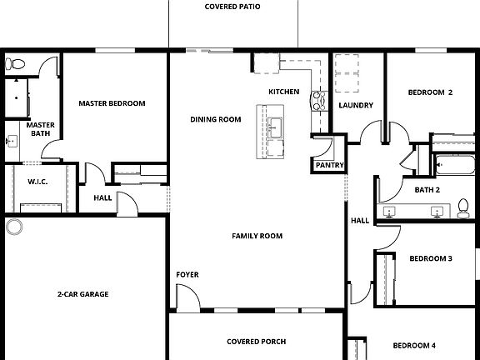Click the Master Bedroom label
pos(112,103)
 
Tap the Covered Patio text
pos(232,7)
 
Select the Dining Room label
pos(215,119)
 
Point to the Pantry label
pos(329,166)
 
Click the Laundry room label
pos(356,105)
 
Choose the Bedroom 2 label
pos(431,92)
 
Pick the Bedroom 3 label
pos(431,259)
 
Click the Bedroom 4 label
pos(414,345)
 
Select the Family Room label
pos(257,236)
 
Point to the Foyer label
pos(187,274)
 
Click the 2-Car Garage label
pos(83,294)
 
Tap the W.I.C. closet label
pos(37,181)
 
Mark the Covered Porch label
pos(256,342)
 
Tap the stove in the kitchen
pos(317,102)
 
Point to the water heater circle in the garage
pos(14,227)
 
